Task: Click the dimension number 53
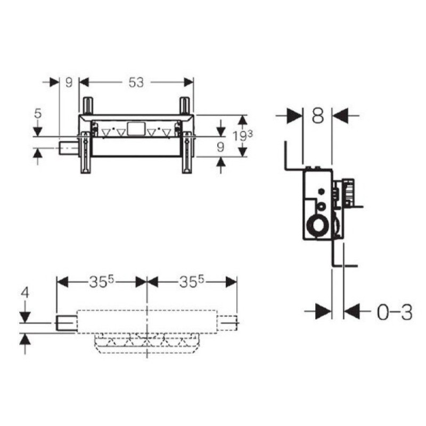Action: (x=136, y=83)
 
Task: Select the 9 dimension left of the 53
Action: (x=69, y=83)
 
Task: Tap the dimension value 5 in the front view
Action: (x=38, y=113)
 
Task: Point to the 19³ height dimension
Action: (x=243, y=136)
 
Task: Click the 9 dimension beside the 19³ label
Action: (x=220, y=147)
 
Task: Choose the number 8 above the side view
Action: (x=317, y=116)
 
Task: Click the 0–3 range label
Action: (x=395, y=312)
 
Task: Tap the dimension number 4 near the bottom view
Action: (x=25, y=293)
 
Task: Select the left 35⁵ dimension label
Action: (x=101, y=282)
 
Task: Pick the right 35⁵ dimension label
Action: (x=191, y=282)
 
